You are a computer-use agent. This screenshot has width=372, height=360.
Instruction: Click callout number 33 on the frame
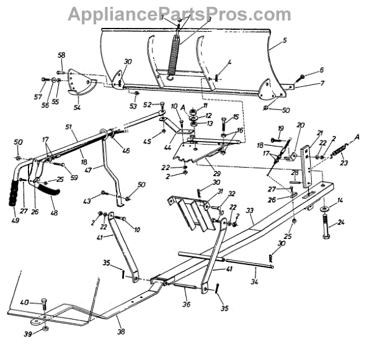click(x=250, y=211)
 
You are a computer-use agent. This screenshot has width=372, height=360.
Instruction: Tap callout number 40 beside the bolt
click(x=25, y=302)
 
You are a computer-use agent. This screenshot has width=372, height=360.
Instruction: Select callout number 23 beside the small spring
click(x=344, y=163)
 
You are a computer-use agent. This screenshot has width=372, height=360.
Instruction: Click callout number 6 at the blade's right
click(x=322, y=71)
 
